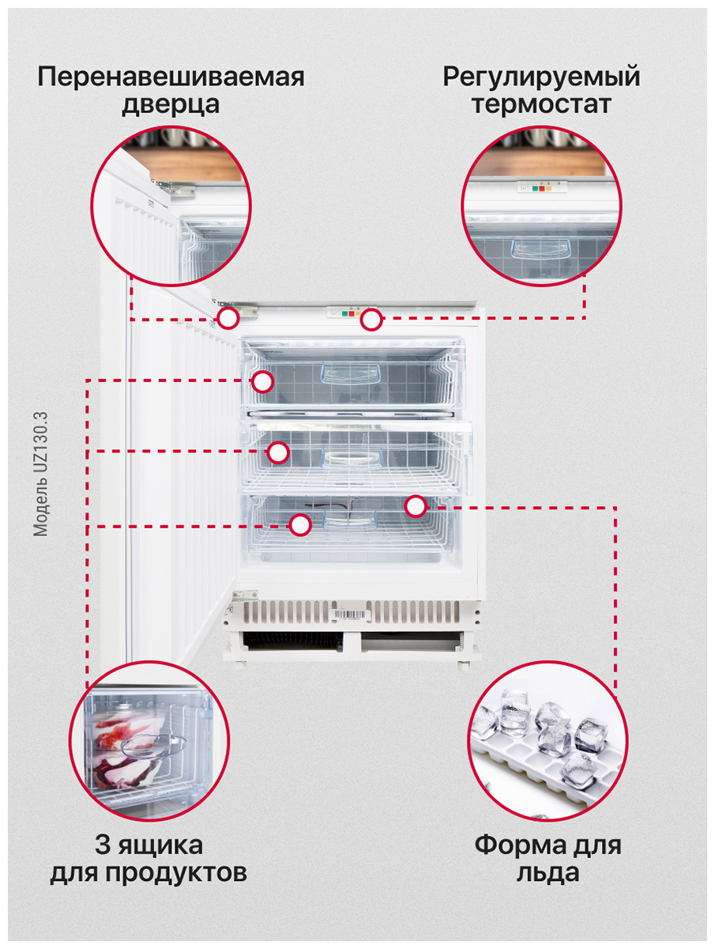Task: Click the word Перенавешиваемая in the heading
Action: [x=170, y=78]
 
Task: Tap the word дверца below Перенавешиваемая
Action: [x=170, y=105]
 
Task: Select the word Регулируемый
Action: [x=541, y=78]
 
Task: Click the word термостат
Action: [x=541, y=105]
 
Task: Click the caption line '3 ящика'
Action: [x=149, y=845]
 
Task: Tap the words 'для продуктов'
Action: [x=149, y=873]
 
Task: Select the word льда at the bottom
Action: [x=548, y=873]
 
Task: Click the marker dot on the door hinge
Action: [x=228, y=319]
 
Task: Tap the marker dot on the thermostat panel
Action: [x=371, y=320]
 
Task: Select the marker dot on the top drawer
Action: [x=262, y=382]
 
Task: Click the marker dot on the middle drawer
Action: [x=277, y=453]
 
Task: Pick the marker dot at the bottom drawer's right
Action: [x=416, y=506]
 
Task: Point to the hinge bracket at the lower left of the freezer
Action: [x=244, y=595]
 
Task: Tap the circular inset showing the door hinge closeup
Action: [x=170, y=207]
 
